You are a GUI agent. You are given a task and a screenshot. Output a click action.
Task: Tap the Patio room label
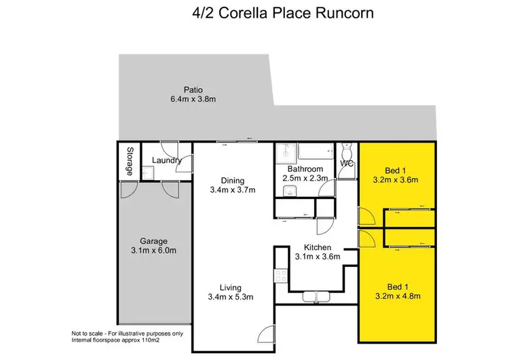[x=193, y=90]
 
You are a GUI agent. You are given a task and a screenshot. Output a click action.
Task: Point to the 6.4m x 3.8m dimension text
[x=193, y=100]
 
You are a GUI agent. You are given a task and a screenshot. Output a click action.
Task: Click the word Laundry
[x=166, y=160]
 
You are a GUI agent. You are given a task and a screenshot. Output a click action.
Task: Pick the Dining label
[x=233, y=180]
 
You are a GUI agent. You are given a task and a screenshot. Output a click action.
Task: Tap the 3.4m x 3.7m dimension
[x=233, y=190]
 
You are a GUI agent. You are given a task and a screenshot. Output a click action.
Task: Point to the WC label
[x=346, y=164]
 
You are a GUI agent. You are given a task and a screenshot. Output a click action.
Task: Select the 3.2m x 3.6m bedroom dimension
[x=394, y=180]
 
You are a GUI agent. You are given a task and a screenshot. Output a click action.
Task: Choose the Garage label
[x=153, y=240]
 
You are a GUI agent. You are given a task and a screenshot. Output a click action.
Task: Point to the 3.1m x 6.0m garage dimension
[x=153, y=251]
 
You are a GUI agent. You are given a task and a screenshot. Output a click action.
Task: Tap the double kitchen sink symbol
[x=316, y=296]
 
